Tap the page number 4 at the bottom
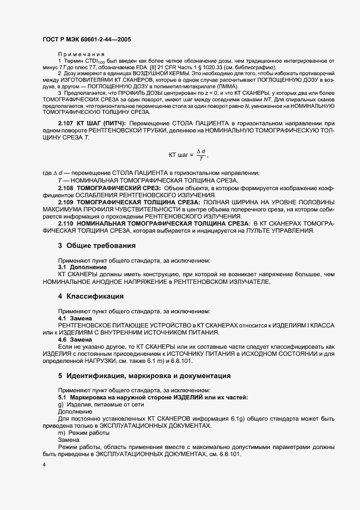[x=44, y=464]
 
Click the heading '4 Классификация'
[x=90, y=296]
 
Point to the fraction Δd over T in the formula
[x=202, y=155]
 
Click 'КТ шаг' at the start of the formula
[x=179, y=155]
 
